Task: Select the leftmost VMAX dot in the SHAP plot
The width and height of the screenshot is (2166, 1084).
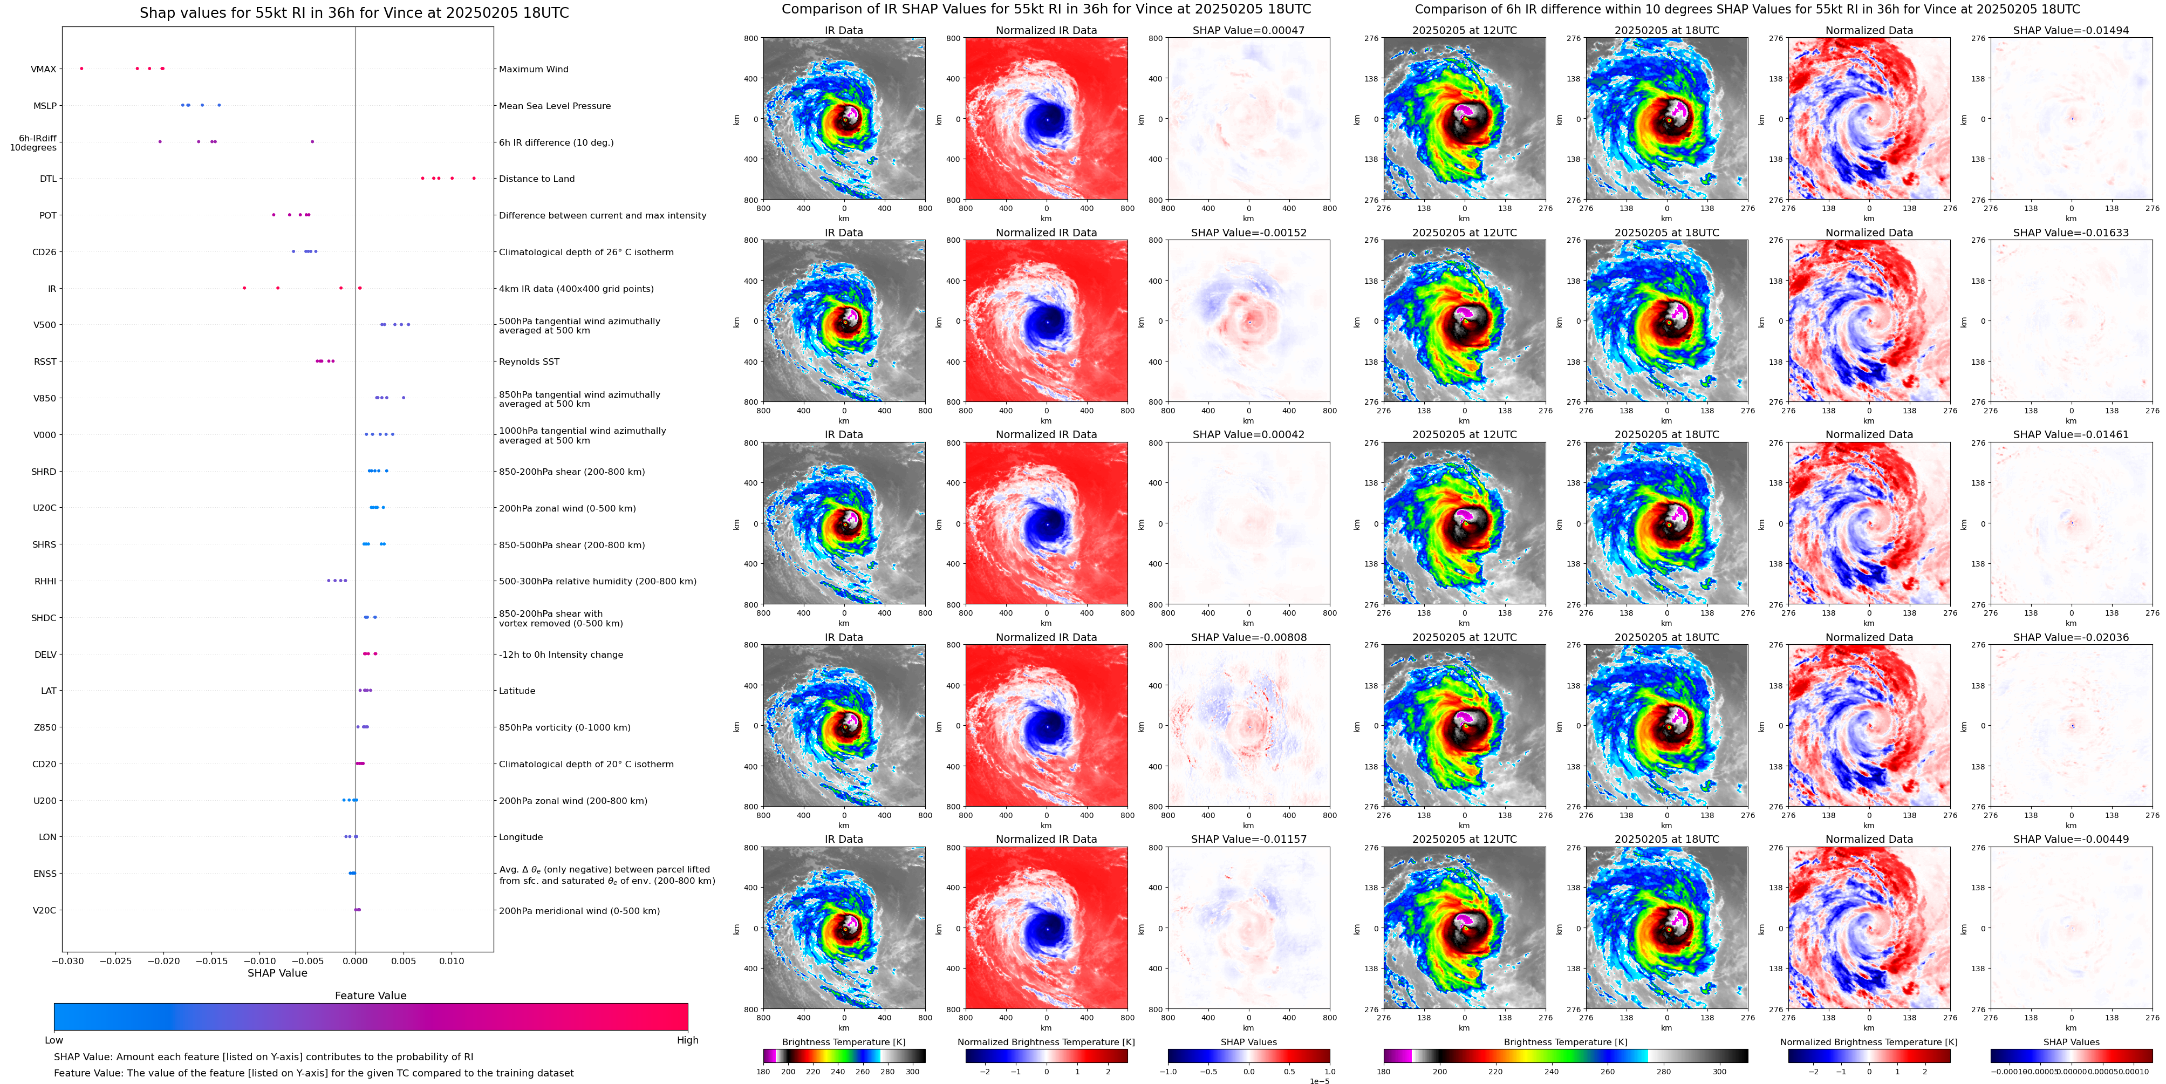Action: pyautogui.click(x=81, y=68)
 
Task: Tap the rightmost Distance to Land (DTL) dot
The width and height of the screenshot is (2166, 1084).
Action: pyautogui.click(x=474, y=178)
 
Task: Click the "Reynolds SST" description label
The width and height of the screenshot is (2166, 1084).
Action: pyautogui.click(x=529, y=362)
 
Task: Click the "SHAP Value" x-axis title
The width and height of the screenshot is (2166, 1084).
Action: pyautogui.click(x=277, y=973)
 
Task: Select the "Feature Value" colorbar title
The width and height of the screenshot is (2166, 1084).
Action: pyautogui.click(x=370, y=996)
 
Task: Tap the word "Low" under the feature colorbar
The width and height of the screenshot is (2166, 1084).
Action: pyautogui.click(x=54, y=1040)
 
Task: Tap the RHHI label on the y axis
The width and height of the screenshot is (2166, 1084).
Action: pyautogui.click(x=45, y=581)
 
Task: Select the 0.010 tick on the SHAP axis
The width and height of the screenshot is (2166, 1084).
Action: pyautogui.click(x=452, y=960)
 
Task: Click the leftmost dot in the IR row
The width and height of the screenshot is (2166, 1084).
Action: pyautogui.click(x=245, y=289)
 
